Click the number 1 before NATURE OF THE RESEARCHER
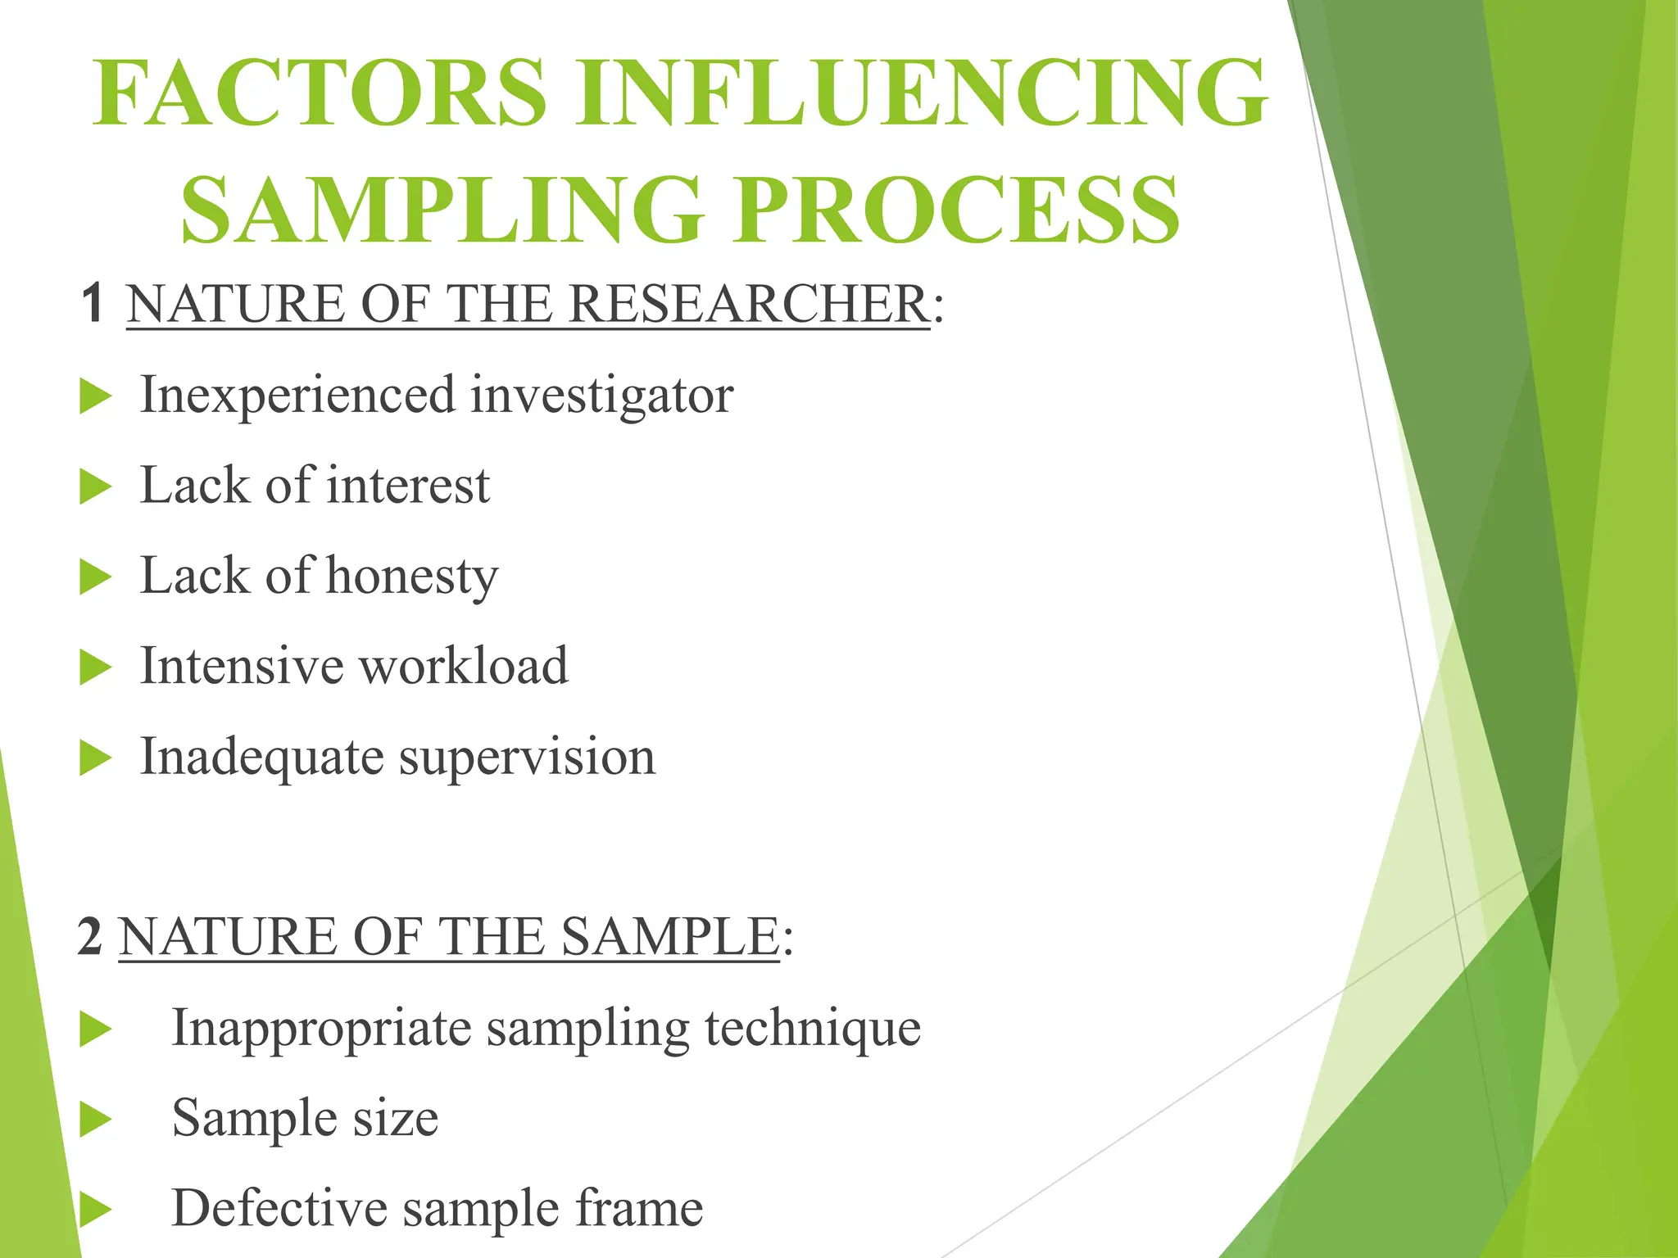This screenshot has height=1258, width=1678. click(x=93, y=303)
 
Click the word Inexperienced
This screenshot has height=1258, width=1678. click(x=297, y=396)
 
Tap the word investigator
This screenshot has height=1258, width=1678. click(x=601, y=396)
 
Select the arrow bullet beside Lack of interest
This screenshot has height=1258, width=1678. click(x=95, y=488)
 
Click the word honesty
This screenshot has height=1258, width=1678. click(x=412, y=577)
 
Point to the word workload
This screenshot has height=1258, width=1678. click(x=464, y=665)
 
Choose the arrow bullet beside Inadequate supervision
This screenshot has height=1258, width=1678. click(x=95, y=758)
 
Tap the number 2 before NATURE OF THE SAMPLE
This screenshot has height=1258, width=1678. click(x=90, y=936)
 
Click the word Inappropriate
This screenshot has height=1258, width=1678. click(x=321, y=1029)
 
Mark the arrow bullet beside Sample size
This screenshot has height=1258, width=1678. click(x=95, y=1120)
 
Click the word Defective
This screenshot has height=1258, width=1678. click(x=279, y=1208)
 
